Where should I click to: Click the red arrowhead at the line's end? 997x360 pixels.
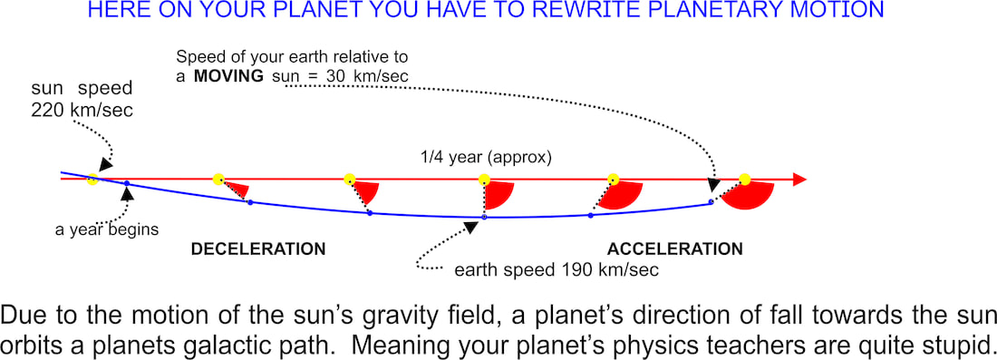pos(800,180)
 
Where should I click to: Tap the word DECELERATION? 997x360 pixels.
pos(258,249)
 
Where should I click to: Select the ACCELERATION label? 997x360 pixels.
pos(675,248)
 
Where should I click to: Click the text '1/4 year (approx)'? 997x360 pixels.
pos(488,158)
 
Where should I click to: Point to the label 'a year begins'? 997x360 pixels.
pos(107,229)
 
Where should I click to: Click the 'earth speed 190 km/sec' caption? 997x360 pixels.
pos(557,269)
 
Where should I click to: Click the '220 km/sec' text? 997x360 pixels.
pos(82,110)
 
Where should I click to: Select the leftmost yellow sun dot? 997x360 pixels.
pos(92,179)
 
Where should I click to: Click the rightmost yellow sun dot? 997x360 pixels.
pos(744,180)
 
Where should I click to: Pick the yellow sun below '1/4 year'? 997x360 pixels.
pos(484,180)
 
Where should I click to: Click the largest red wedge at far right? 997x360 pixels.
pos(749,196)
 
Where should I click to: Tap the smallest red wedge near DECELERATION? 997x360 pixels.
pos(238,189)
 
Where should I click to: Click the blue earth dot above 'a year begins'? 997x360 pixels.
pos(127,184)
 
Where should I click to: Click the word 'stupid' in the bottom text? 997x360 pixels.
pos(953,344)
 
